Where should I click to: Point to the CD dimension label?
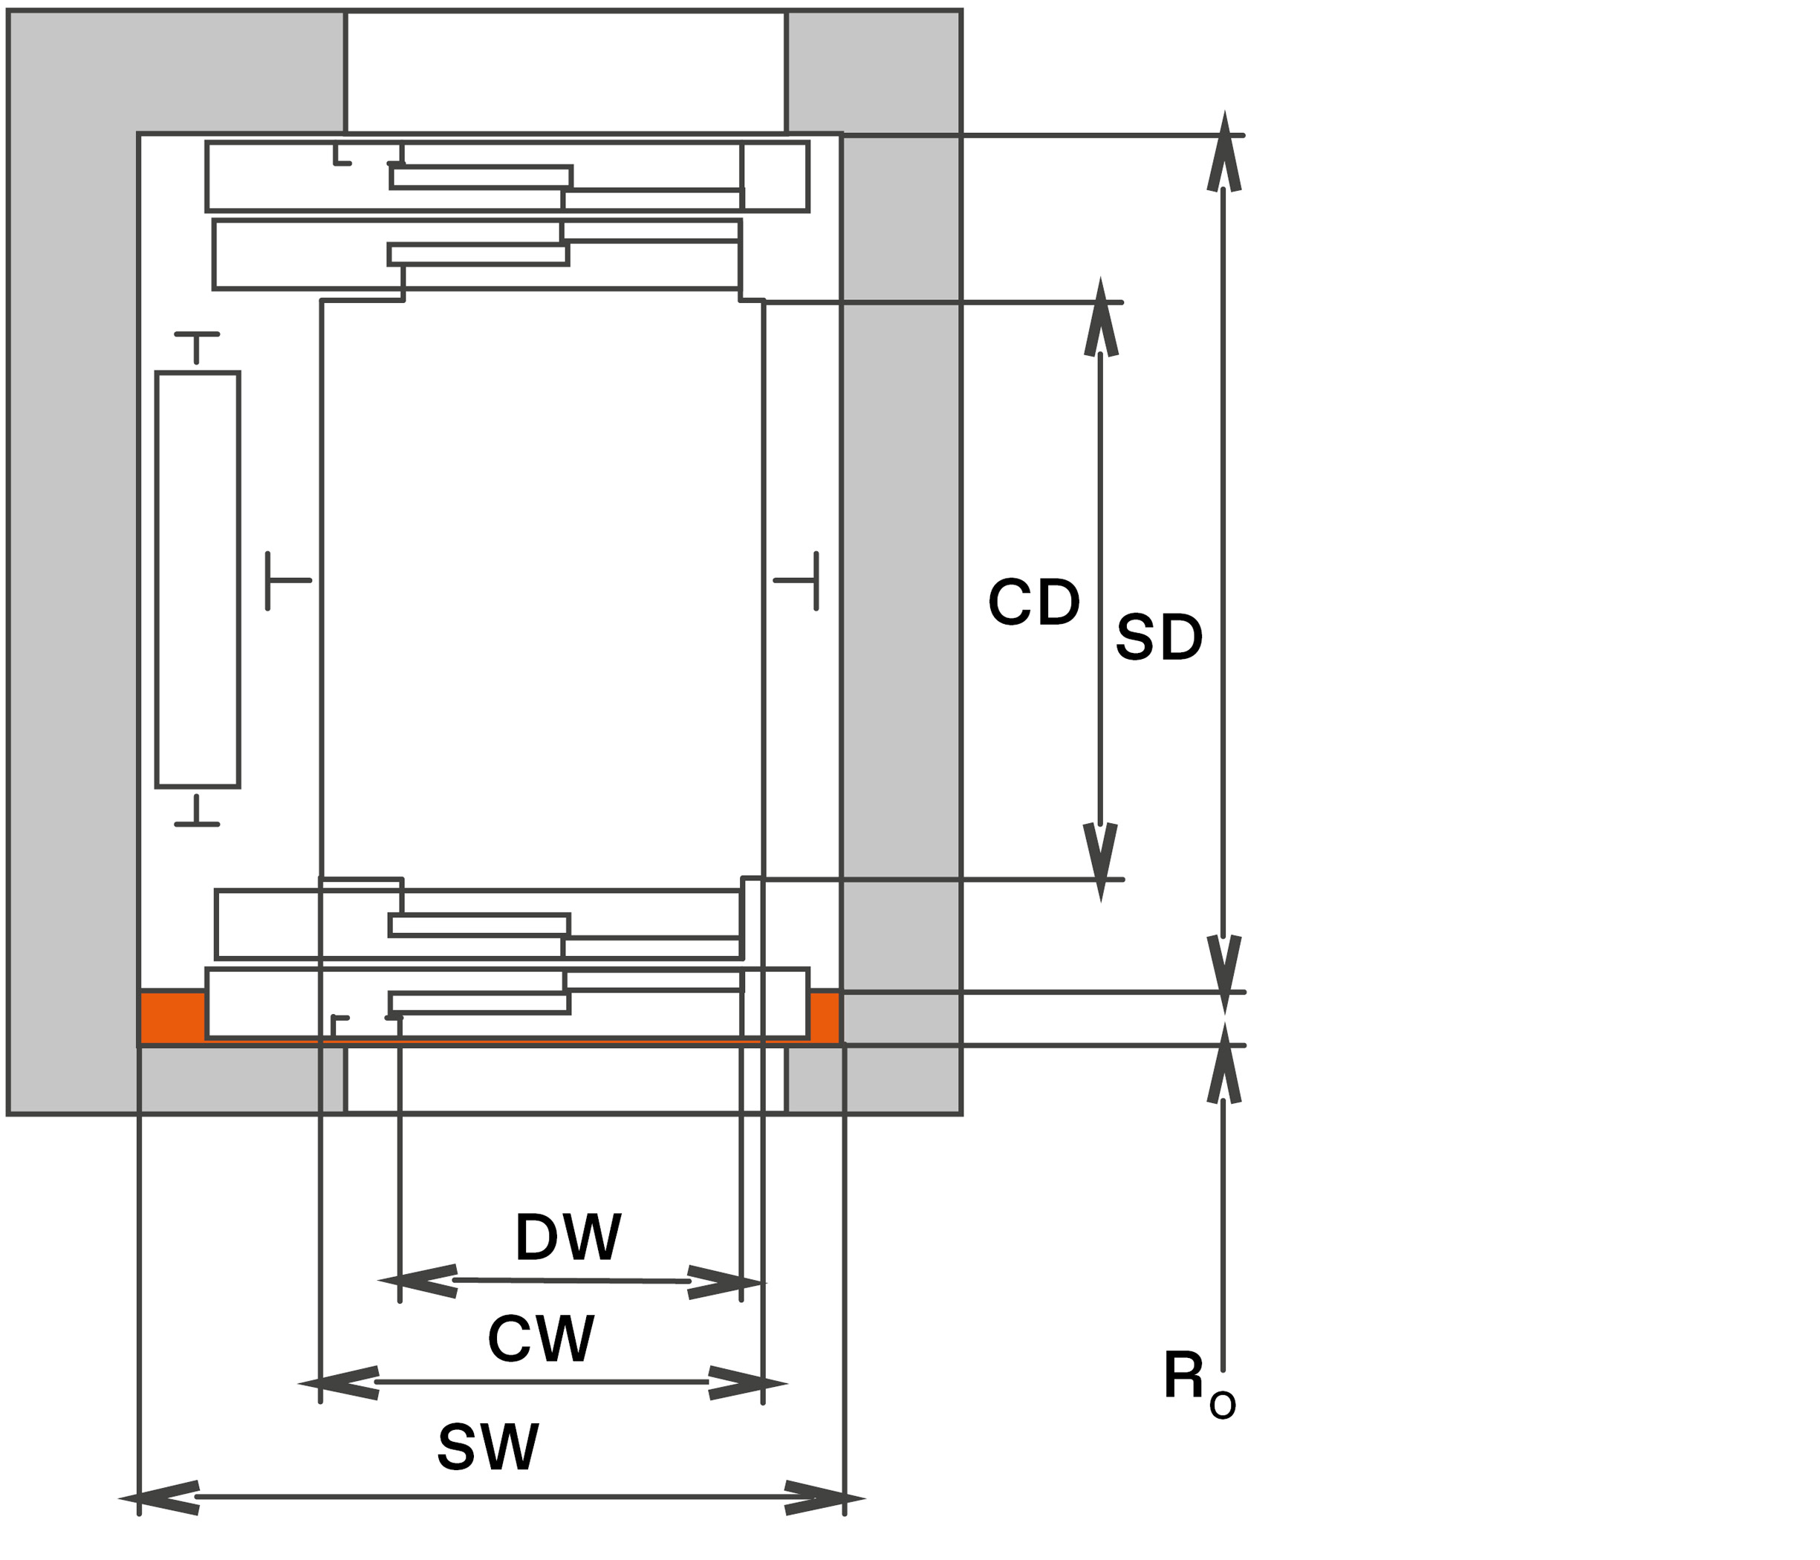pyautogui.click(x=1034, y=602)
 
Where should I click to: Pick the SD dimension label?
pyautogui.click(x=1159, y=637)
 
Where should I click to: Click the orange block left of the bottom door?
pyautogui.click(x=173, y=1016)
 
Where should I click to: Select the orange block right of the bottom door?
pyautogui.click(x=825, y=1016)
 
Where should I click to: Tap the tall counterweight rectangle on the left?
pyautogui.click(x=198, y=579)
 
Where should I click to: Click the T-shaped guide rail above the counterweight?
pyautogui.click(x=197, y=347)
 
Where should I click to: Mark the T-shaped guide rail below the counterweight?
pyautogui.click(x=197, y=810)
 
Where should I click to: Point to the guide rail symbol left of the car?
pyautogui.click(x=287, y=581)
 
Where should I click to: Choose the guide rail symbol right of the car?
pyautogui.click(x=796, y=581)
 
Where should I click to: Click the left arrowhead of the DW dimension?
pyautogui.click(x=417, y=1281)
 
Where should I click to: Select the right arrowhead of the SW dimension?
pyautogui.click(x=825, y=1498)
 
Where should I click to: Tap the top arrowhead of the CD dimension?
pyautogui.click(x=1101, y=316)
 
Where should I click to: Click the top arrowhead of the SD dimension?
pyautogui.click(x=1223, y=150)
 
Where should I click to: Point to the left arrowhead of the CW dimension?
pyautogui.click(x=338, y=1383)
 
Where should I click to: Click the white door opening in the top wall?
pyautogui.click(x=565, y=72)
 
